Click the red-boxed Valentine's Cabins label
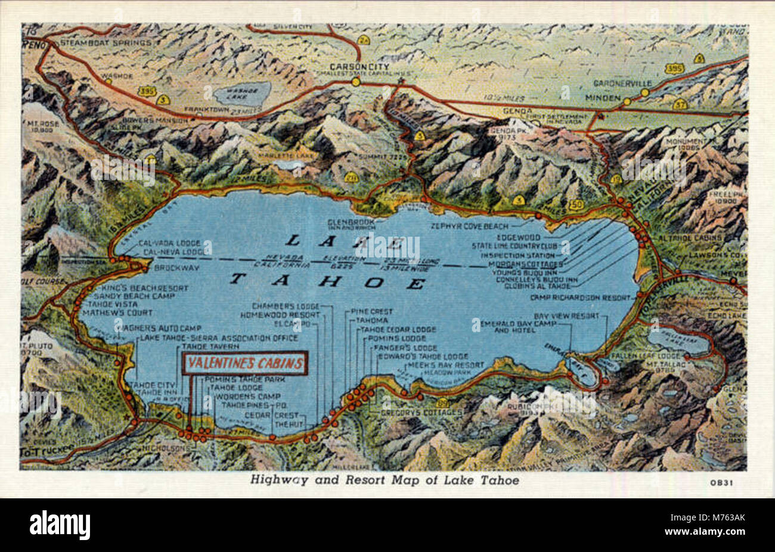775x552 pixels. click(244, 363)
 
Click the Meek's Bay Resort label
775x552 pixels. click(445, 365)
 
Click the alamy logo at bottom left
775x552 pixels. click(60, 525)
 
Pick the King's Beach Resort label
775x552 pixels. click(141, 288)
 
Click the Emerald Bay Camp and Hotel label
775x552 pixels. click(517, 326)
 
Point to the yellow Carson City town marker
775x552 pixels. click(356, 82)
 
